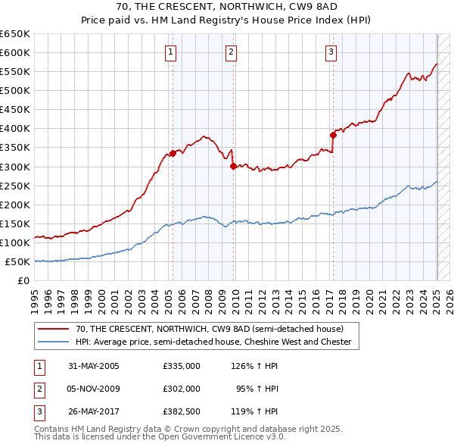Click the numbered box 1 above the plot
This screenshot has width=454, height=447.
pyautogui.click(x=172, y=52)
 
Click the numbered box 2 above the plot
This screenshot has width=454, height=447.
pyautogui.click(x=231, y=52)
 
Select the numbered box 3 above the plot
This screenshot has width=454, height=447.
pyautogui.click(x=331, y=52)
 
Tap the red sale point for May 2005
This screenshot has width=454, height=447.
pyautogui.click(x=173, y=153)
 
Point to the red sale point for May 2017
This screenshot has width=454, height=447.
pyautogui.click(x=333, y=135)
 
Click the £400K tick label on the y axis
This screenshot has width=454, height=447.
pyautogui.click(x=14, y=128)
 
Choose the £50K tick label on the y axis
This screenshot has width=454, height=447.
pyautogui.click(x=17, y=261)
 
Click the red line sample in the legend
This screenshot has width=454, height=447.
pyautogui.click(x=54, y=329)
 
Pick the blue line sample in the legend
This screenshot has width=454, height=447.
pyautogui.click(x=54, y=342)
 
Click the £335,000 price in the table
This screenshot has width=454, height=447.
pyautogui.click(x=182, y=365)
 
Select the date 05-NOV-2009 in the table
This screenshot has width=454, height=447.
pyautogui.click(x=94, y=389)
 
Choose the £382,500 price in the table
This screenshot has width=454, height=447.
pyautogui.click(x=182, y=412)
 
